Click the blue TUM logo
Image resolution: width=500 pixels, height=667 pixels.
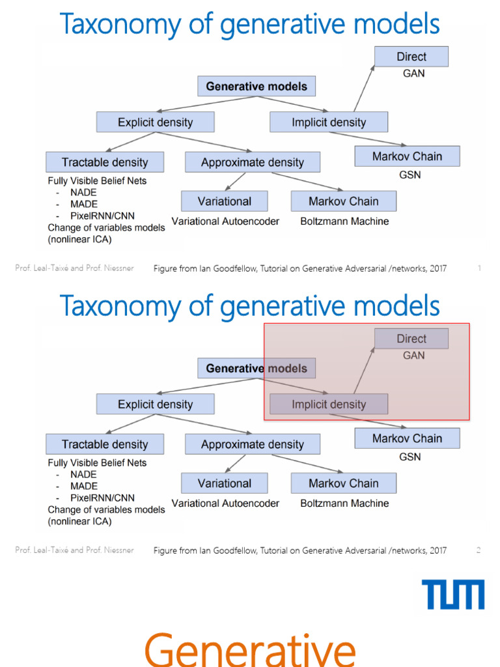pyautogui.click(x=453, y=595)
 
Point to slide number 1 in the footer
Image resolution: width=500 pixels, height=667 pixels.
pyautogui.click(x=479, y=268)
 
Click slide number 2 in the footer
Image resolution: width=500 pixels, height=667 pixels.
pyautogui.click(x=479, y=550)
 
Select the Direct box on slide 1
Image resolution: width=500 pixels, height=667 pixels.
pyautogui.click(x=411, y=57)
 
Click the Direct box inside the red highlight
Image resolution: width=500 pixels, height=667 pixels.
pyautogui.click(x=411, y=339)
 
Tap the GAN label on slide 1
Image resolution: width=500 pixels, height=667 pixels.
pyautogui.click(x=413, y=74)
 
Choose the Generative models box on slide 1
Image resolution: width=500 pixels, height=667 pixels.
pyautogui.click(x=257, y=87)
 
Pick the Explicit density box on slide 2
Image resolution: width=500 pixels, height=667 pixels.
pyautogui.click(x=155, y=404)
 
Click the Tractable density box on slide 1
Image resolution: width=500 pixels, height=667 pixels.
pyautogui.click(x=105, y=162)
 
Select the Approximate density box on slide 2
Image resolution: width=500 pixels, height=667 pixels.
pyautogui.click(x=252, y=445)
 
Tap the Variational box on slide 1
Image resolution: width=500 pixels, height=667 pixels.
pyautogui.click(x=225, y=201)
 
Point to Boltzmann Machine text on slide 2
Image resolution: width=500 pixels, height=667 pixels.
pyautogui.click(x=344, y=504)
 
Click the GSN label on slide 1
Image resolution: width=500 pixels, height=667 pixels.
pyautogui.click(x=410, y=175)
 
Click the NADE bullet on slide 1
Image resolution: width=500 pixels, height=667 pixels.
pyautogui.click(x=84, y=193)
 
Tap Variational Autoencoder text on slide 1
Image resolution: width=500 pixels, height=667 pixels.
pyautogui.click(x=225, y=221)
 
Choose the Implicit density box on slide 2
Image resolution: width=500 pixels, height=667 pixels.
pyautogui.click(x=329, y=404)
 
